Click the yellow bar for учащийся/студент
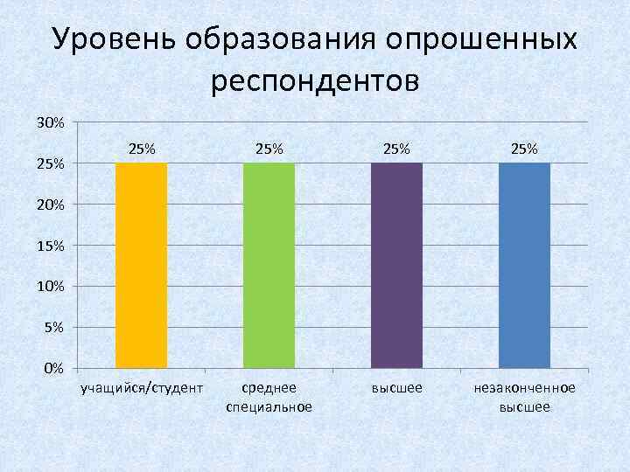(142, 265)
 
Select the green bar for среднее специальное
(269, 265)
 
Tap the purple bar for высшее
(396, 265)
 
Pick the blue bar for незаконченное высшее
(524, 265)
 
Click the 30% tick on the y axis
(50, 122)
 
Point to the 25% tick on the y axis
(50, 163)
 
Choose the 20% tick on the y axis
(50, 205)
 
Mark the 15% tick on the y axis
(50, 246)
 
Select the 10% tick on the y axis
(50, 287)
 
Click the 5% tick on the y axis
(53, 328)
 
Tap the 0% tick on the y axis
(53, 369)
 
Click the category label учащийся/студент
(142, 387)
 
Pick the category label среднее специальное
(269, 397)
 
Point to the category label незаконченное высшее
(524, 397)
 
